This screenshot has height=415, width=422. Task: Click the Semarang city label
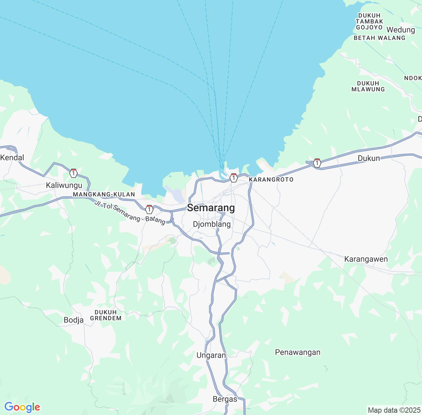click(211, 208)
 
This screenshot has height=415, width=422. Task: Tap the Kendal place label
click(12, 157)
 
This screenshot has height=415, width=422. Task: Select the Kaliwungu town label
click(64, 185)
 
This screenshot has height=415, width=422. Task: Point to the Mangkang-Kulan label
click(104, 194)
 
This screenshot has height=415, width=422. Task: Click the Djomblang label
click(212, 224)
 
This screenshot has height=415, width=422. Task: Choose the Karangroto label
click(271, 180)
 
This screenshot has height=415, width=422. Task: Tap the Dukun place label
click(369, 158)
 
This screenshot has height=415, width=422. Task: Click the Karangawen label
click(366, 259)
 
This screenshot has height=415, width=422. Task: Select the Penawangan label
click(297, 352)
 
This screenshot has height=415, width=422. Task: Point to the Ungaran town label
click(211, 355)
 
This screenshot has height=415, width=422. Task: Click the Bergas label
click(225, 399)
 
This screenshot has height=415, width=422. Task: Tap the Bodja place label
click(74, 320)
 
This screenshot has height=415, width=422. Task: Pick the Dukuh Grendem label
click(105, 315)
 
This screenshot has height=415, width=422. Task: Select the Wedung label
click(401, 30)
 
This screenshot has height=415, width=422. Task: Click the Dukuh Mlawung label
click(368, 86)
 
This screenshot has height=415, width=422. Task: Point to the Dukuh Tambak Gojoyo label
click(369, 21)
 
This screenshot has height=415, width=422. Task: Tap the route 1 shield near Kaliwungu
click(74, 173)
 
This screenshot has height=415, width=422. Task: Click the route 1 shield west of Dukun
click(317, 163)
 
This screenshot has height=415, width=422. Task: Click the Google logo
click(22, 407)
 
